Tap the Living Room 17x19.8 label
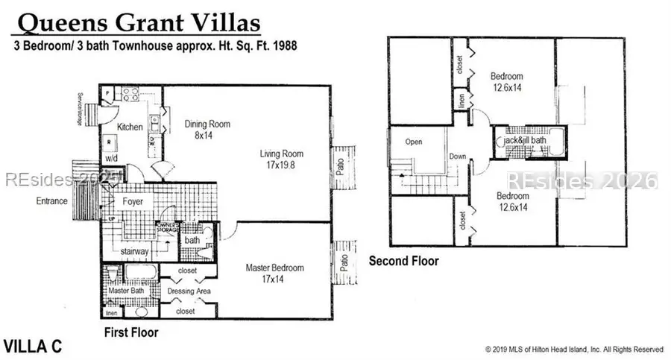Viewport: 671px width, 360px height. [x=282, y=160]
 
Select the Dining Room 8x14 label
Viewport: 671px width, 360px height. [x=207, y=130]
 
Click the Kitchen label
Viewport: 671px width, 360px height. [x=130, y=127]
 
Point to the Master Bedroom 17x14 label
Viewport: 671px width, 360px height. [x=275, y=273]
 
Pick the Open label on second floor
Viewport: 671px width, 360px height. [x=414, y=142]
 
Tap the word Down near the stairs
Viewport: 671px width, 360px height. [x=457, y=157]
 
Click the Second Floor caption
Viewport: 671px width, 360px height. [x=404, y=261]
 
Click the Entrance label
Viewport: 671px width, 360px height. [x=52, y=201]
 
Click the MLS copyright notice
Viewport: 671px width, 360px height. [x=573, y=349]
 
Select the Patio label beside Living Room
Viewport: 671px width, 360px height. [x=339, y=165]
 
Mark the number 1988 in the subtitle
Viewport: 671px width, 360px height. [x=284, y=45]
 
